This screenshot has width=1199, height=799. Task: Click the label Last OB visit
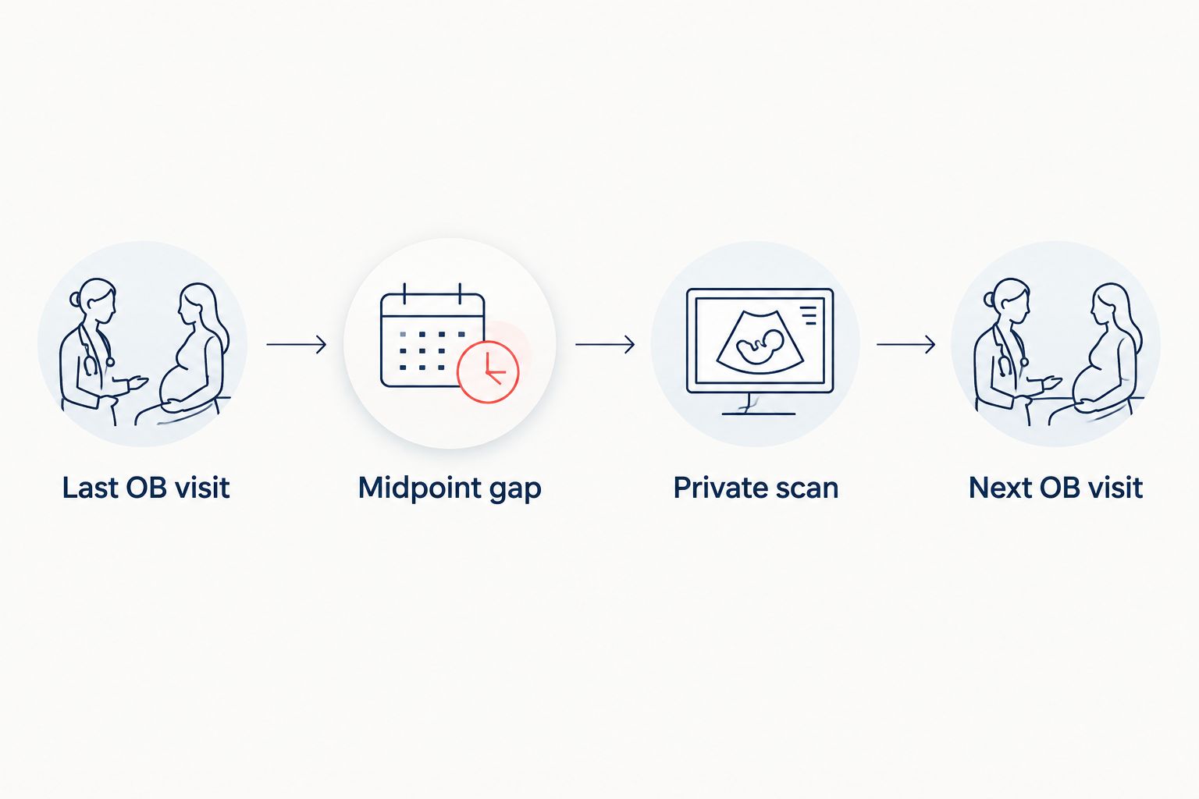(146, 488)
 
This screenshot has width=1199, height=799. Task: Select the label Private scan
(756, 488)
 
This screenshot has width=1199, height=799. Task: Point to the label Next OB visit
(1055, 488)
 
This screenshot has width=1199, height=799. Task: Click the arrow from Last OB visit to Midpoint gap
(297, 345)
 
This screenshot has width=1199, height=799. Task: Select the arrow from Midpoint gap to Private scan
(605, 345)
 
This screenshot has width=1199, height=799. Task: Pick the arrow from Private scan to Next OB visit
(905, 345)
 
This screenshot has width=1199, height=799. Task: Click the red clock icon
(488, 371)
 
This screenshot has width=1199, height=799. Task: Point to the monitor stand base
(759, 413)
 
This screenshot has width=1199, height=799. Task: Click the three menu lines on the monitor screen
(808, 315)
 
